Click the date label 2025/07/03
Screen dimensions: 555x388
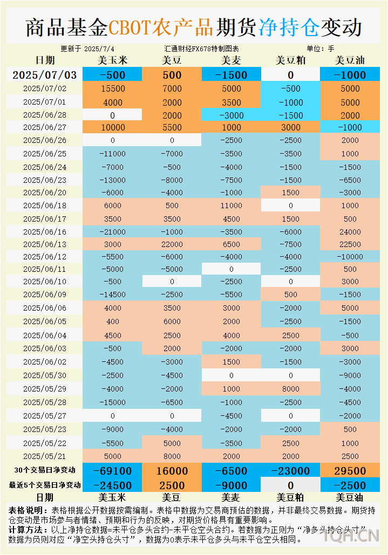point(45,75)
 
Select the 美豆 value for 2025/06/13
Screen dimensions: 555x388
point(172,244)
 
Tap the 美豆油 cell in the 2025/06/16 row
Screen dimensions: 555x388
point(350,231)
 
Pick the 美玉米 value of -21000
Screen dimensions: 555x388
point(113,231)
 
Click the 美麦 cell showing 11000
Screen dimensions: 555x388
point(232,205)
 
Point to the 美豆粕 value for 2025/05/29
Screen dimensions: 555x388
point(290,389)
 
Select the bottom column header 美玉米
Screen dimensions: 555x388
point(113,497)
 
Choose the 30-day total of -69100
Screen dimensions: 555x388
point(113,471)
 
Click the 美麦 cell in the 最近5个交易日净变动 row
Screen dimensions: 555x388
point(232,485)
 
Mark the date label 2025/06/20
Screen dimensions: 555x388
point(45,193)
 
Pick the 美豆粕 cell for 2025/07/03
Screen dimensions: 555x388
point(290,75)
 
